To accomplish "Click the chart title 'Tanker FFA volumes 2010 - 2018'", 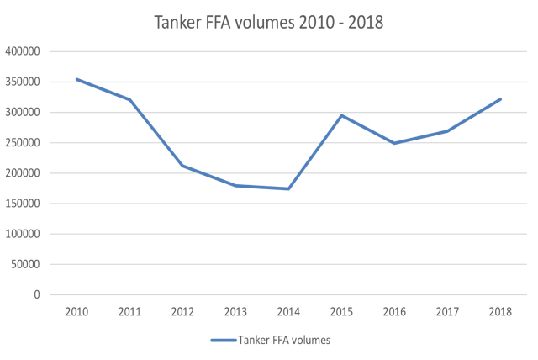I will pos(269,23).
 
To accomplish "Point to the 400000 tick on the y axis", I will pos(25,51).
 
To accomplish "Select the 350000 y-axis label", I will pos(25,82).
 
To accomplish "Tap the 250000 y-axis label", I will pos(25,143).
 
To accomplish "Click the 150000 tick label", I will pos(25,204).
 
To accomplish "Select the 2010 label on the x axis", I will pos(76,311).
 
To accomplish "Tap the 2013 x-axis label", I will pos(235,311).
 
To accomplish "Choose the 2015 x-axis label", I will pos(342,311).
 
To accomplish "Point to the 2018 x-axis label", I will pos(501,311).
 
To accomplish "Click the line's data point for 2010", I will pos(76,79).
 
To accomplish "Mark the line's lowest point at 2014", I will pos(288,188).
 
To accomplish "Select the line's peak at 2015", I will pos(342,115).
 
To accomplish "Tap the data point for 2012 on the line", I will pos(182,166).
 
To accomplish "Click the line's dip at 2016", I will pos(395,143).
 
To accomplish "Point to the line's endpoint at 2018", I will pos(501,99).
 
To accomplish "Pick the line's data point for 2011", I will pos(129,99).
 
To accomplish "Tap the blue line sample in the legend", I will pos(223,341).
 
